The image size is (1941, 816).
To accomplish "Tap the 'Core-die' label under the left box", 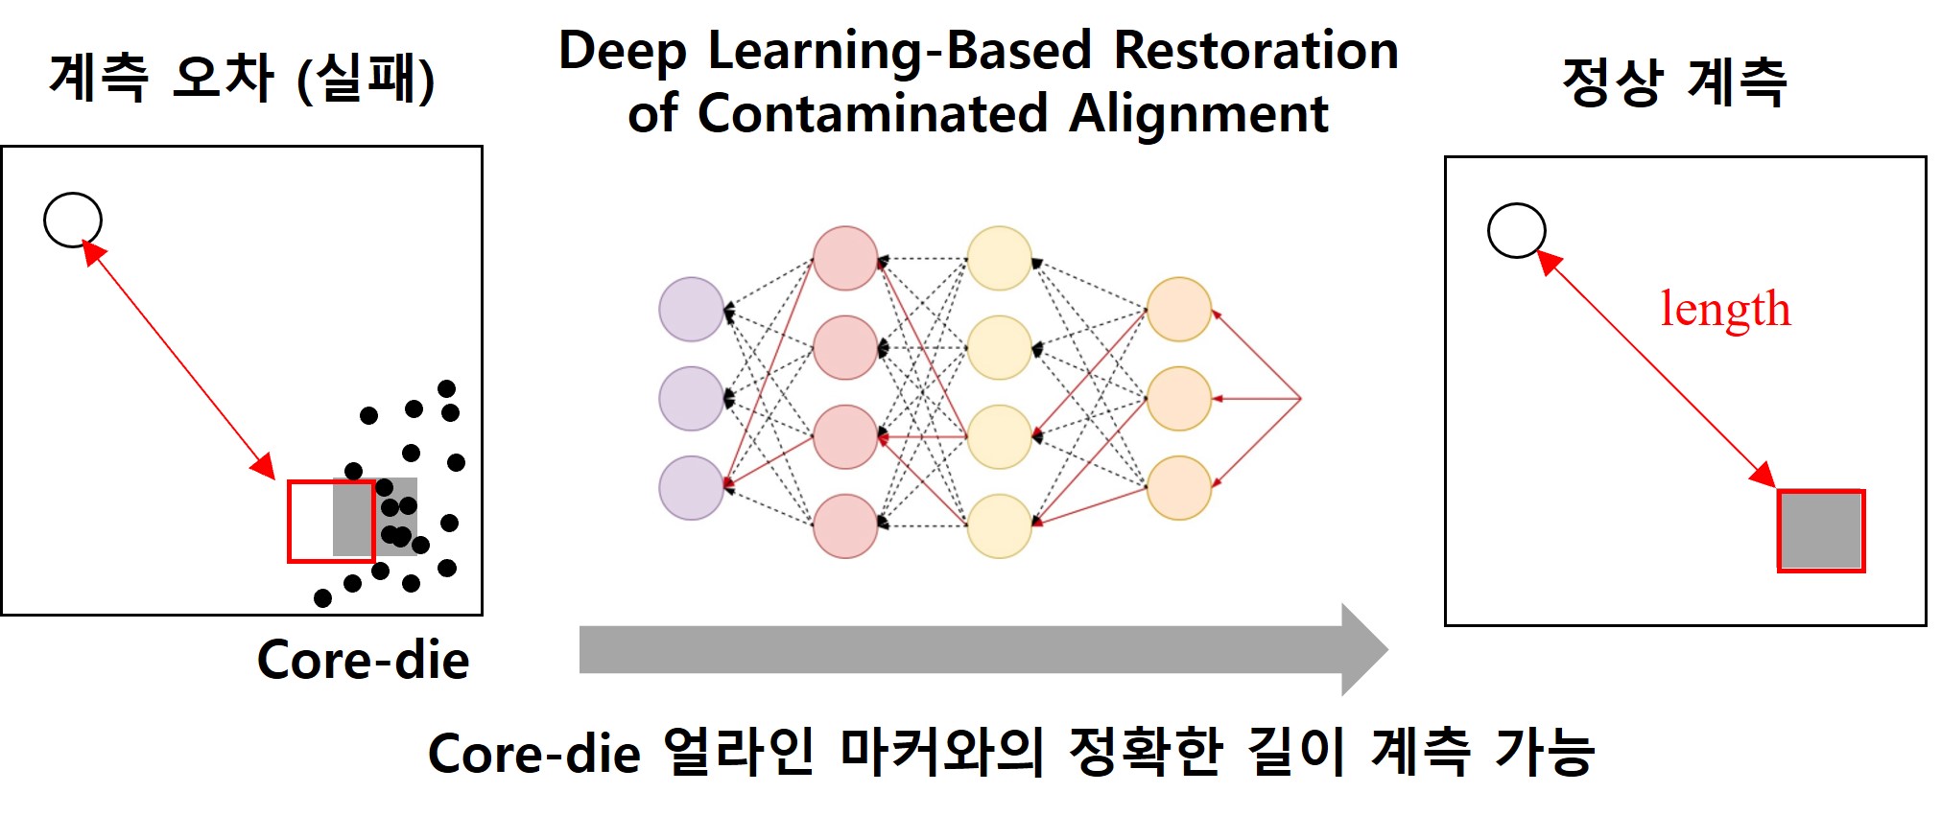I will (363, 661).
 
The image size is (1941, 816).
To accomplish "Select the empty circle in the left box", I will (73, 220).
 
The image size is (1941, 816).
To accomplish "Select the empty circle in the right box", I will (1516, 230).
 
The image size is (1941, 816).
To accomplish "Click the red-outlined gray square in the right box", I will (1820, 530).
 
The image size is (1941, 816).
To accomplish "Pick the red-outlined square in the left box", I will (330, 521).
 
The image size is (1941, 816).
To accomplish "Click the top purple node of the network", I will (691, 309).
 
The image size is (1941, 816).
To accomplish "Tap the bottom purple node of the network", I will (691, 487).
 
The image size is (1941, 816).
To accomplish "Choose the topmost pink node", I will (845, 258).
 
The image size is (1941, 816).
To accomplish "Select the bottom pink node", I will (845, 525).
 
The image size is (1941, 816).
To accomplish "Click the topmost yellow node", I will (999, 258).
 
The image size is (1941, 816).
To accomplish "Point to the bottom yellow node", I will (999, 525).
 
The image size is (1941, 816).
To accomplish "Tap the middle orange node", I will (1178, 398).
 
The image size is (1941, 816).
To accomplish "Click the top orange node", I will (1178, 309).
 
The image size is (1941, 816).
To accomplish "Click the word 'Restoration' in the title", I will (1256, 50).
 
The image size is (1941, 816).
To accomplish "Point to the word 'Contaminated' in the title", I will (872, 114).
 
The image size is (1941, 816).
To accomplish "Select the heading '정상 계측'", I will (1674, 82).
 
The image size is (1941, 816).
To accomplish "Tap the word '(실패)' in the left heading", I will (366, 79).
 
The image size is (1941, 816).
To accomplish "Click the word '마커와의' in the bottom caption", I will (941, 752).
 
